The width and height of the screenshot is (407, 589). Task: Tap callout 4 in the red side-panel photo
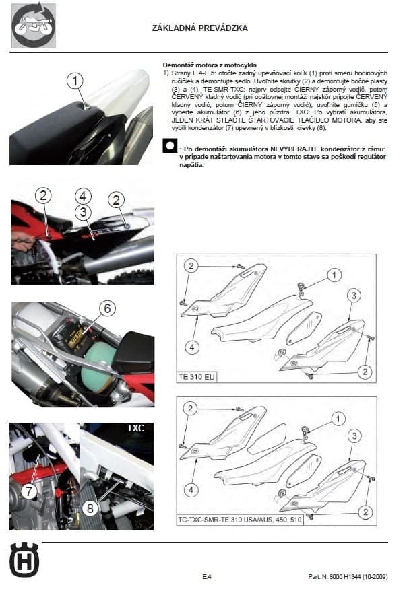[83, 197]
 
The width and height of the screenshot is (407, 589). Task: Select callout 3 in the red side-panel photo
[83, 213]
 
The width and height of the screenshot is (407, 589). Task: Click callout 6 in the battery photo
[106, 308]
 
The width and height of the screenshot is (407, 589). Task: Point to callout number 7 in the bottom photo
[28, 491]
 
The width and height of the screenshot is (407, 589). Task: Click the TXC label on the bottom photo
[135, 427]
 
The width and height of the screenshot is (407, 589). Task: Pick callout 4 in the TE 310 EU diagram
[191, 347]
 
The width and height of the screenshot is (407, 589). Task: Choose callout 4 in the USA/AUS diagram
[191, 490]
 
